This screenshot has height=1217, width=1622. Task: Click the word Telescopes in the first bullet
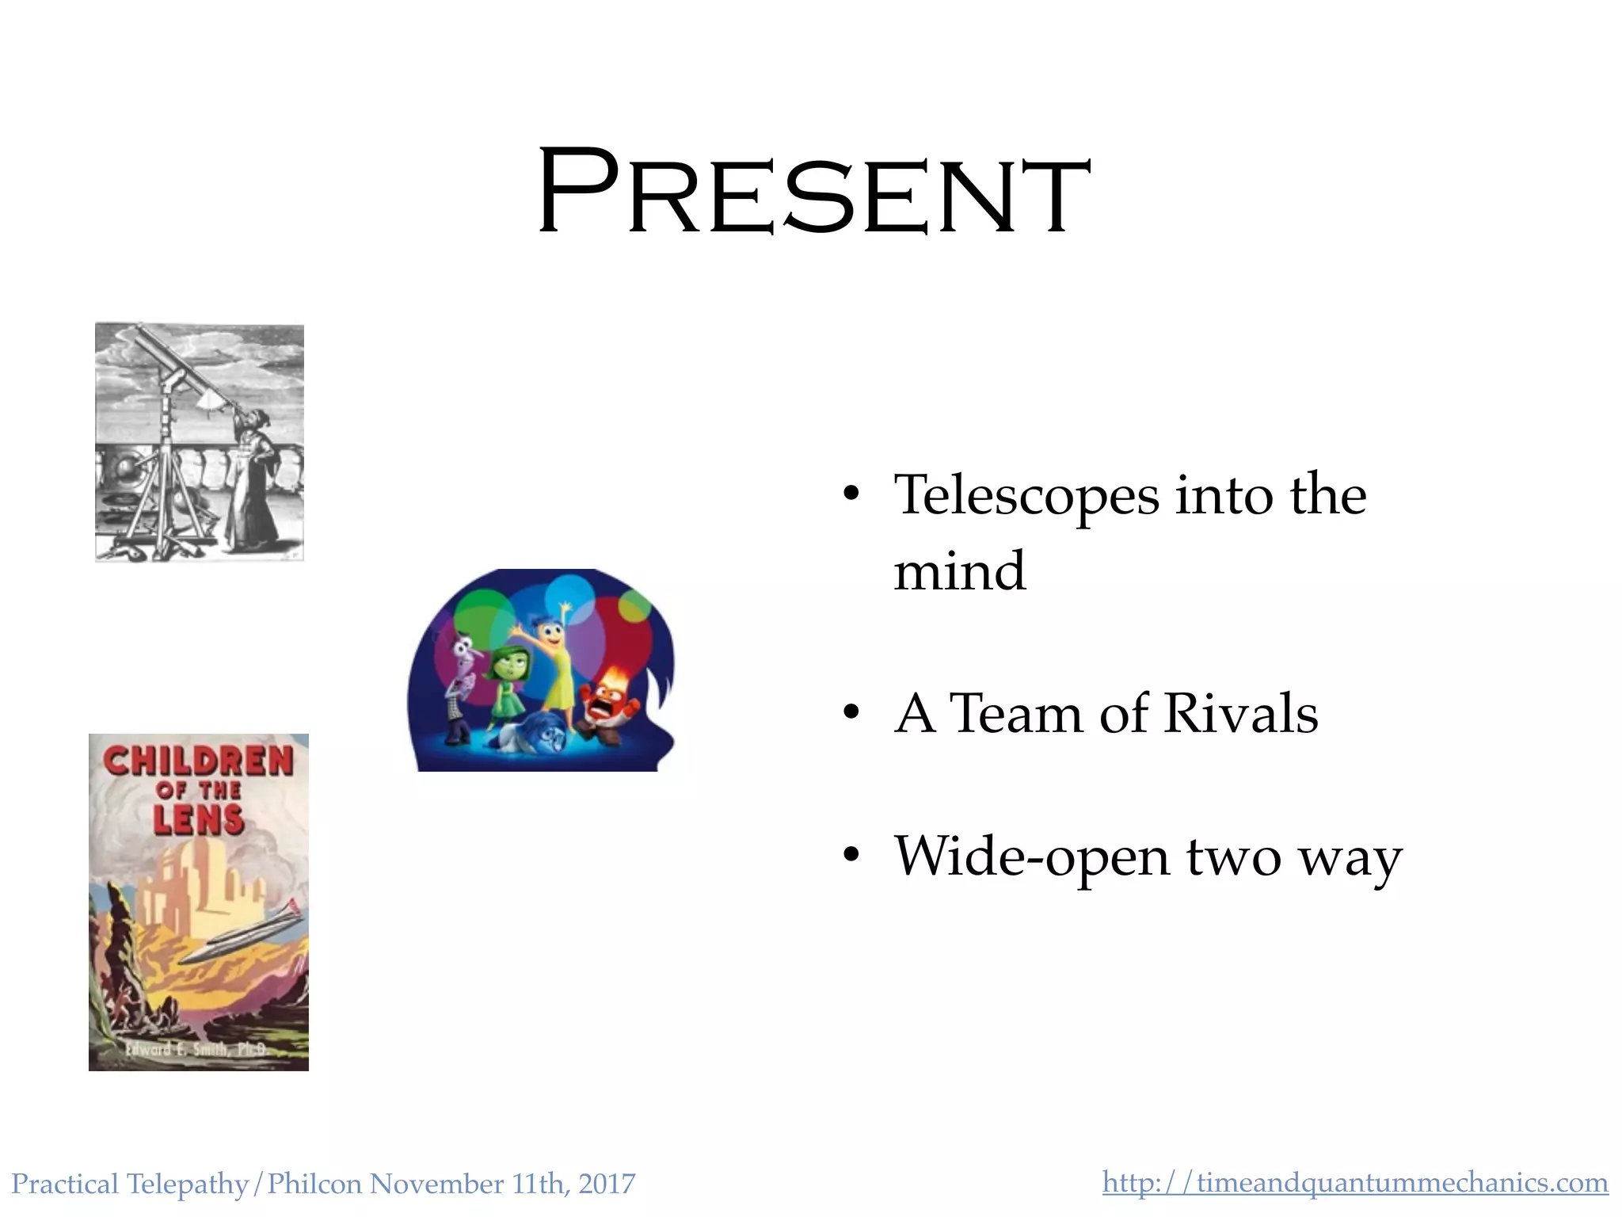point(1026,495)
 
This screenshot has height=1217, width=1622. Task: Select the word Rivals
point(1240,713)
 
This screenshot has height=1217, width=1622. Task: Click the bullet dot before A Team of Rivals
point(851,713)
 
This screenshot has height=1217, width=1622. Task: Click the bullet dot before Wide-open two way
point(851,856)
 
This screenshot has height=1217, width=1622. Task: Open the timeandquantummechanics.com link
point(1354,1182)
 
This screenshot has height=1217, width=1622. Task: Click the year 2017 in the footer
point(607,1184)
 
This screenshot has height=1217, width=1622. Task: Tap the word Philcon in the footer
point(314,1184)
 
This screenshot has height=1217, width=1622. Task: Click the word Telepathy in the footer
point(187,1184)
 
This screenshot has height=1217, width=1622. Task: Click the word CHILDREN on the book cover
point(198,761)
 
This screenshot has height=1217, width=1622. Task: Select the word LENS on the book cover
point(198,820)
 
